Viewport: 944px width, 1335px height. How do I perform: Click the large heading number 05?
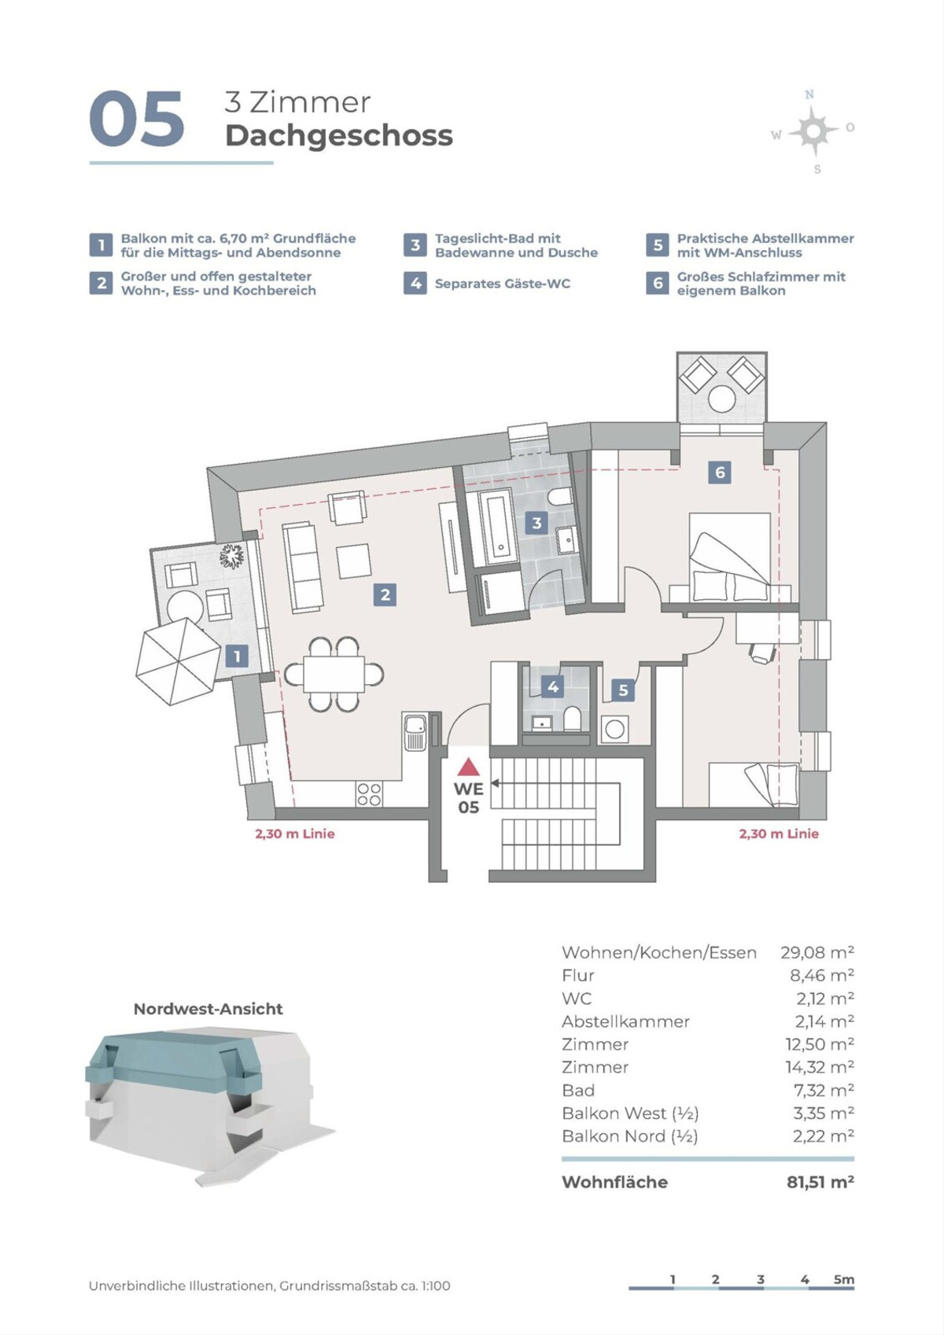click(137, 119)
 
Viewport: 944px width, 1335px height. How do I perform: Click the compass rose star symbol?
click(813, 131)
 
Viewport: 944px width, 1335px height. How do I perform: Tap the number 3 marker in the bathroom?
click(537, 523)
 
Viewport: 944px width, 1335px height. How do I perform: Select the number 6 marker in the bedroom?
click(719, 473)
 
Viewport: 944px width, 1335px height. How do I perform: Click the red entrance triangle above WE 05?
click(468, 767)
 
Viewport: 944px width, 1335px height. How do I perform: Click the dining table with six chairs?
click(334, 675)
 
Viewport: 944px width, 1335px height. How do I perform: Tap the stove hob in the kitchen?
click(369, 794)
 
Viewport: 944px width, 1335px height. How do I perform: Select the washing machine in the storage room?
click(615, 730)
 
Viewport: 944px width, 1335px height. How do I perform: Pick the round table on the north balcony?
click(721, 399)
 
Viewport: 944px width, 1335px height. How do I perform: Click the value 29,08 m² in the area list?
click(817, 953)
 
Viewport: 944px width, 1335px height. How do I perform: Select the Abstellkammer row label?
click(625, 1021)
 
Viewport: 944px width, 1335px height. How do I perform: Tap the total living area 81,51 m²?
click(820, 1182)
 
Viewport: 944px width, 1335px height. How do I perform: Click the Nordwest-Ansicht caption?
click(208, 1009)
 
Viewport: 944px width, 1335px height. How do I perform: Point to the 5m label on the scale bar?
click(843, 1280)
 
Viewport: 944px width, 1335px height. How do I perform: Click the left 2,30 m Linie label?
click(294, 834)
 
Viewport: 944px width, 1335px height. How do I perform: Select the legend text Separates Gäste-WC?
click(502, 284)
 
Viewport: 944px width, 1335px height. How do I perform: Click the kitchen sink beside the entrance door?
click(415, 732)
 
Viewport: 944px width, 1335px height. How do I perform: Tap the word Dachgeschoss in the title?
click(339, 136)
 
